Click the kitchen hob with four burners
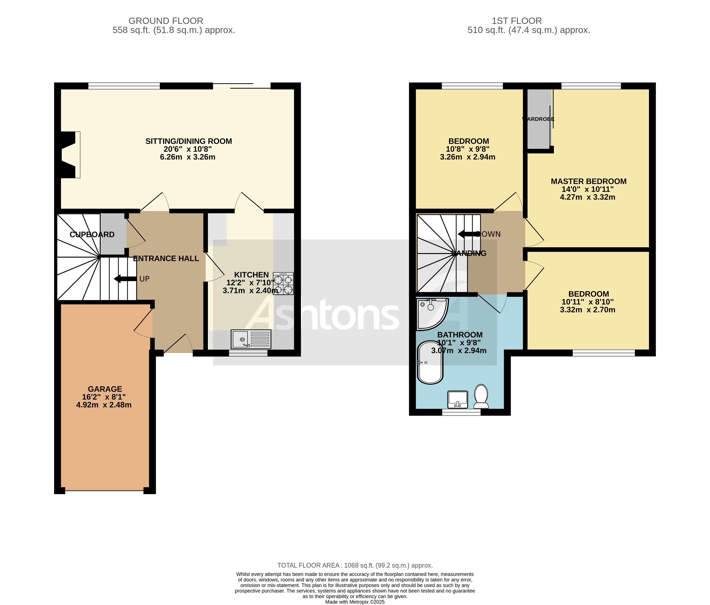[x=283, y=284]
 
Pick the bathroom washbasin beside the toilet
[x=458, y=400]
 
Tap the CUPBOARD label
[x=92, y=235]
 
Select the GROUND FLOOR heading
[x=166, y=21]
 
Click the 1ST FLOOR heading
[x=516, y=21]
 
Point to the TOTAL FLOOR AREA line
[x=355, y=566]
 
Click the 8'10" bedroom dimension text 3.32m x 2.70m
[x=587, y=310]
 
